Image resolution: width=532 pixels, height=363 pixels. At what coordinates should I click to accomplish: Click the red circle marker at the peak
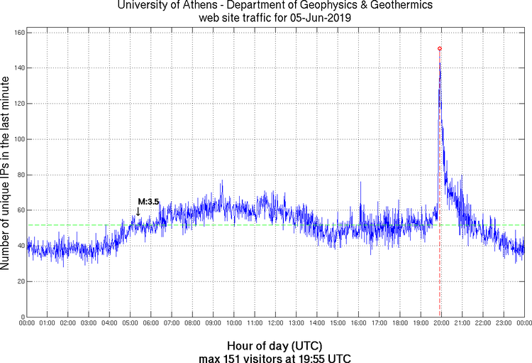point(440,48)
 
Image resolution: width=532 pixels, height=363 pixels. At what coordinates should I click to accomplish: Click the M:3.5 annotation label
point(148,202)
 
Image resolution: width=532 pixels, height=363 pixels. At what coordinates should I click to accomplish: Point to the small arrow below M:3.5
point(138,211)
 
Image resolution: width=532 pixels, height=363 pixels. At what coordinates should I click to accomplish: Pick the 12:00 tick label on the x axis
point(275,323)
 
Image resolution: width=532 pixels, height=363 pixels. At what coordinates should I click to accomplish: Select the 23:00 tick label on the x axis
point(504,323)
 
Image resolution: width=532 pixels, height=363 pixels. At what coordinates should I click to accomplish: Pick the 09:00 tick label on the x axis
point(213,323)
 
